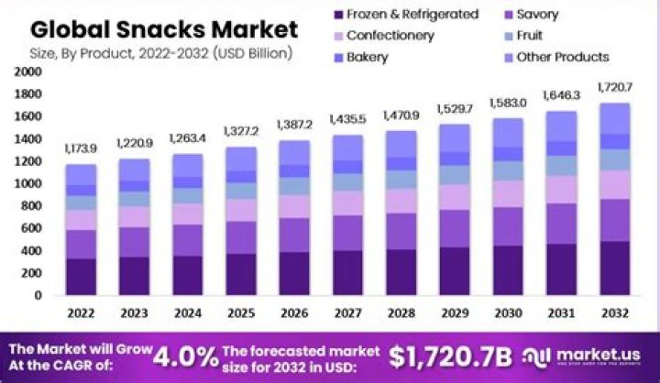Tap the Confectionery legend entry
click(x=390, y=36)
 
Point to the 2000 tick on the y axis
click(x=29, y=71)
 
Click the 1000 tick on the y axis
click(x=29, y=183)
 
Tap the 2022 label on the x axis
click(x=81, y=313)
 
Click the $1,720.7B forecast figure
click(x=451, y=356)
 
